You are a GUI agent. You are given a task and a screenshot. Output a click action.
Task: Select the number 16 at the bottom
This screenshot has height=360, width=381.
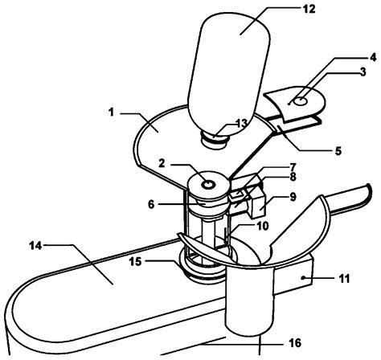[x=294, y=343]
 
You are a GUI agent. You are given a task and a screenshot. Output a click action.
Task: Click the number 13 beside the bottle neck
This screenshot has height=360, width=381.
[x=241, y=122]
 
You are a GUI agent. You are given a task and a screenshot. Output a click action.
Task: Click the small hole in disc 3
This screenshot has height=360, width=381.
[x=297, y=102]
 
